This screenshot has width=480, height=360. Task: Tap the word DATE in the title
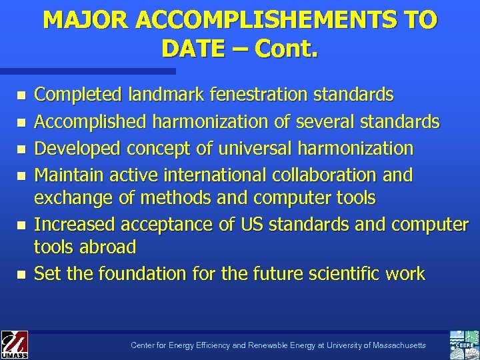191,49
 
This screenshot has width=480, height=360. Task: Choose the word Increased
71,225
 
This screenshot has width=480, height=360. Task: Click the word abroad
106,247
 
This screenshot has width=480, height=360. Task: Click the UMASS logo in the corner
13,344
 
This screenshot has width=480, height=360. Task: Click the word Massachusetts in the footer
395,345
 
